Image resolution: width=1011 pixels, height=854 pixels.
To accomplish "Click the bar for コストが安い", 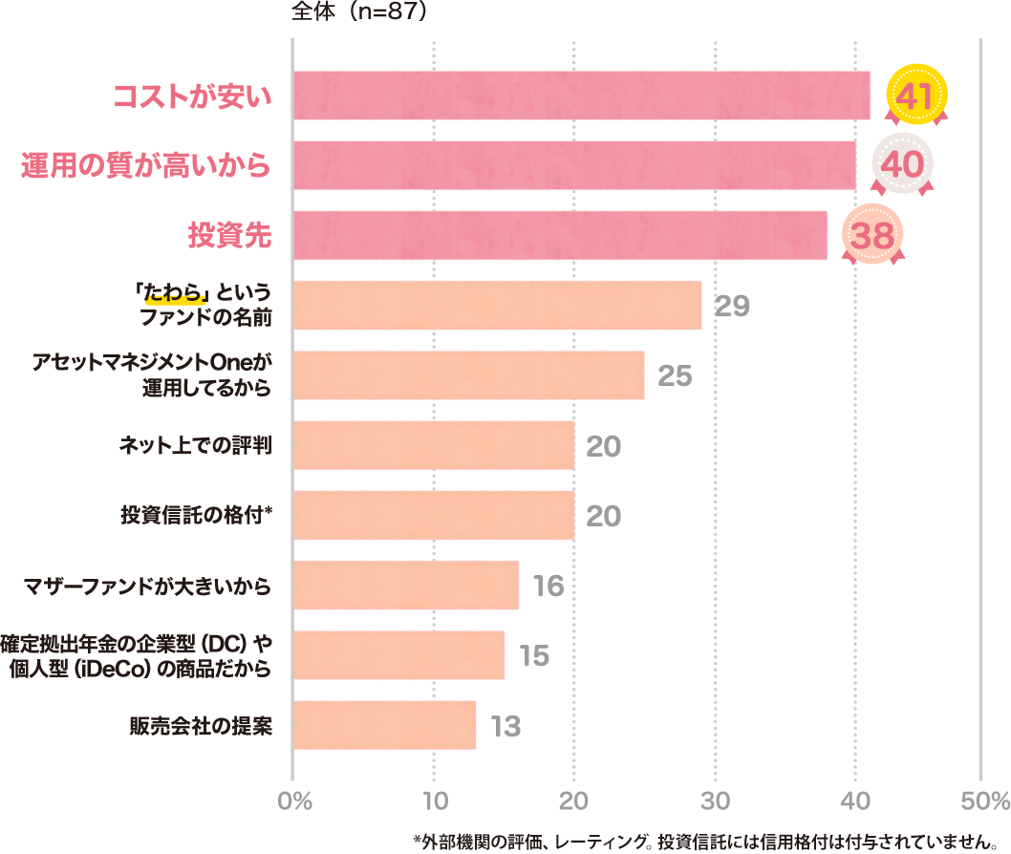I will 581,96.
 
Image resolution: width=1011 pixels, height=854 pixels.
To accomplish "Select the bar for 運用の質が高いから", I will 573,165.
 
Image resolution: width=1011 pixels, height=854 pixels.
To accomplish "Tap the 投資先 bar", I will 559,235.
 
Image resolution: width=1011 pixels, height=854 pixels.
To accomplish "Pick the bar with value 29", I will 497,306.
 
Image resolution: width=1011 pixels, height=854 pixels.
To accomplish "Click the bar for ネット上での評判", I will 433,445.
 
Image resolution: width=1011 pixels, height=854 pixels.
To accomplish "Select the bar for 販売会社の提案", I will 384,725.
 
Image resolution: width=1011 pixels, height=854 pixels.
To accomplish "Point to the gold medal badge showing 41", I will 916,96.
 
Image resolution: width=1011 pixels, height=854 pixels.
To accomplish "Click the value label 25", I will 675,375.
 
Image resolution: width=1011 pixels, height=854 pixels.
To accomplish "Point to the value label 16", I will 549,586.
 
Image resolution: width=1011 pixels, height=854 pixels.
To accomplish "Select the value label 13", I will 505,726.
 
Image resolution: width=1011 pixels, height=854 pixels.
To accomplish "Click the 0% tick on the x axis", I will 294,800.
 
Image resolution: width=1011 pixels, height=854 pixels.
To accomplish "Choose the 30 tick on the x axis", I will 714,800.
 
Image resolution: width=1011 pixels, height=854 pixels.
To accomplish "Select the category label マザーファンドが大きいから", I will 148,586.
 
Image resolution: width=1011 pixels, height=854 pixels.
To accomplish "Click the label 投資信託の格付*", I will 197,515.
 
